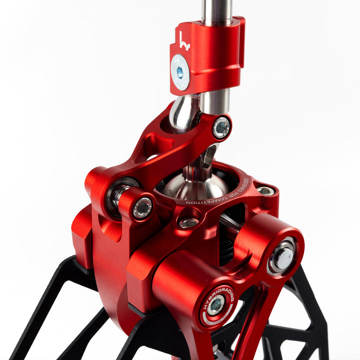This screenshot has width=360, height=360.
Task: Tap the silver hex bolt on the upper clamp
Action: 179,71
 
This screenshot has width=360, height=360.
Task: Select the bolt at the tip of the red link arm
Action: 220,127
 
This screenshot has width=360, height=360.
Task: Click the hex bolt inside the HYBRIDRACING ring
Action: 216,305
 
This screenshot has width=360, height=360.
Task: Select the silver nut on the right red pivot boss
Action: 282,254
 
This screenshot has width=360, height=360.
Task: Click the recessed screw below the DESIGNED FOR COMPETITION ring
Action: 188,223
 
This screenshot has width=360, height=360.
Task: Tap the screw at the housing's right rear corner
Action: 265,190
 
